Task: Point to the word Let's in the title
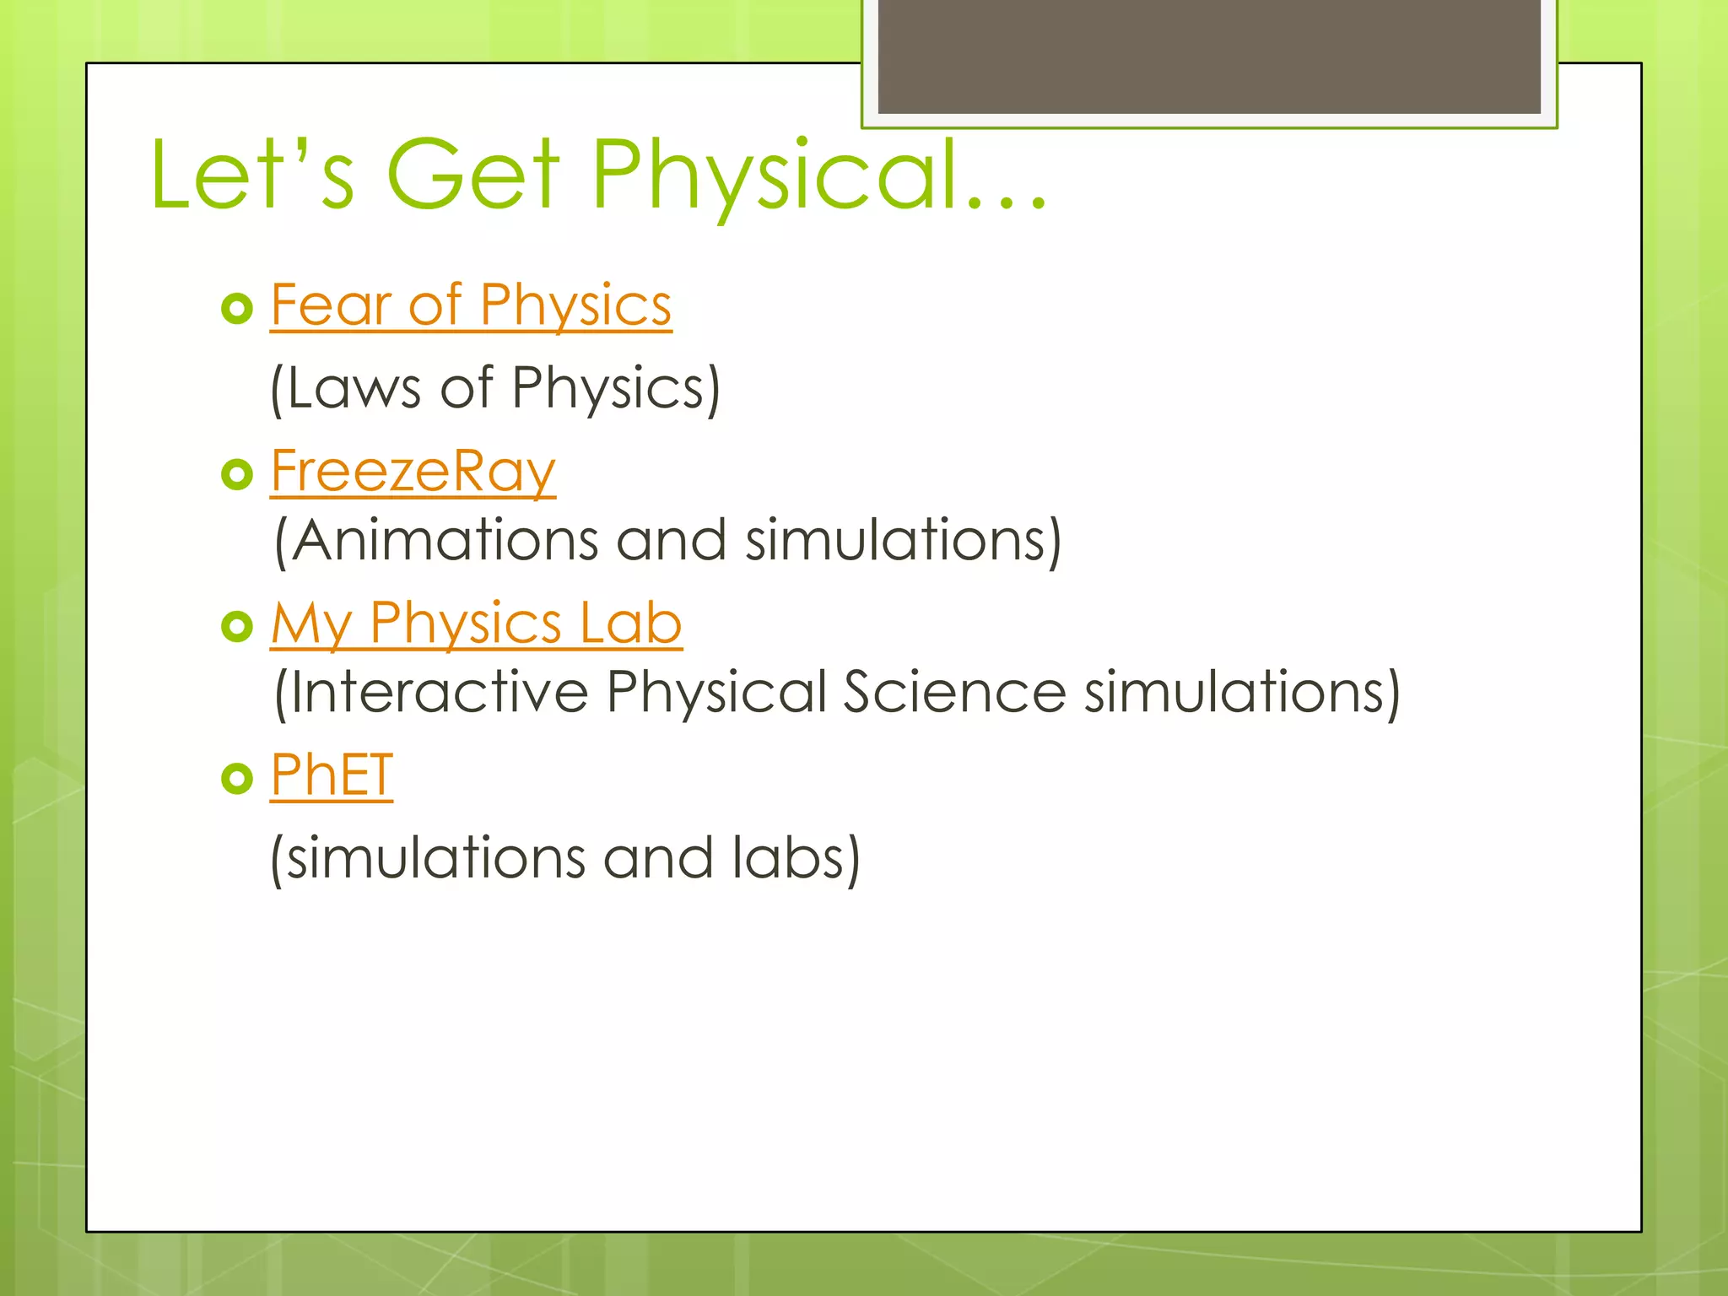coord(251,175)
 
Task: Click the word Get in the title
coord(472,175)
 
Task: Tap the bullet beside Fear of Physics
coord(237,309)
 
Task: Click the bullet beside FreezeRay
coord(237,474)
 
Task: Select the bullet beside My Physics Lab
coord(237,627)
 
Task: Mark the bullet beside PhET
coord(237,778)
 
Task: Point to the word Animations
coord(445,540)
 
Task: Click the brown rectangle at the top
coord(1208,56)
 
